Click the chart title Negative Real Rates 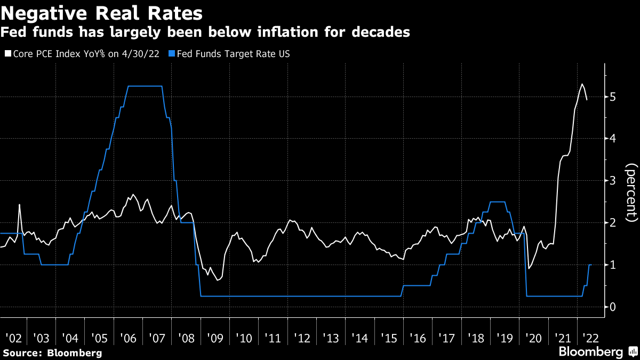101,12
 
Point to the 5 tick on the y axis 613,97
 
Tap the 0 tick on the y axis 613,307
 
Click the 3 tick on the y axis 613,181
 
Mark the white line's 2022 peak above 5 582,84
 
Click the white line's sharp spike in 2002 19,205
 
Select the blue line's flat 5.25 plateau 144,86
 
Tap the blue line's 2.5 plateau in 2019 497,202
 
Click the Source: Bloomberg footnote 52,353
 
